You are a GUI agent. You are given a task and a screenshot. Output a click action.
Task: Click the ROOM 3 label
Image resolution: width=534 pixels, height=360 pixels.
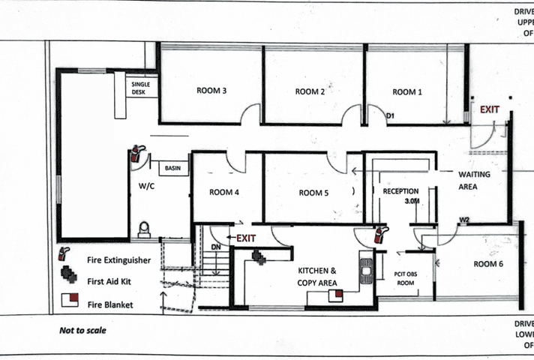[x=211, y=91]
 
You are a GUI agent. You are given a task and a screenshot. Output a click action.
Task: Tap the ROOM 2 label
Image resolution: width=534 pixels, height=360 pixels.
[x=309, y=92]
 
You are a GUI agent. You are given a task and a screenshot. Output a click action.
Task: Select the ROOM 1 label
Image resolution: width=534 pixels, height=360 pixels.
[x=407, y=92]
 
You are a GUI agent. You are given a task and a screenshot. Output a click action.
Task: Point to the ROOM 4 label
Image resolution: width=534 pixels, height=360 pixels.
[x=225, y=193]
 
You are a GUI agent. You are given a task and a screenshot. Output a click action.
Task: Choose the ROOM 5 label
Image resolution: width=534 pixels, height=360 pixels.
[x=313, y=193]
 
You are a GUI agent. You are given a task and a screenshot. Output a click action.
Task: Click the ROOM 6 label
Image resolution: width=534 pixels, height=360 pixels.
[x=487, y=264]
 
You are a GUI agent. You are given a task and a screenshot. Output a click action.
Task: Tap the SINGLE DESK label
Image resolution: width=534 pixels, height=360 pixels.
[x=141, y=88]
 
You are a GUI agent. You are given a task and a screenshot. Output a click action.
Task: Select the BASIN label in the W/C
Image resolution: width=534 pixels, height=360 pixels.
[x=173, y=169]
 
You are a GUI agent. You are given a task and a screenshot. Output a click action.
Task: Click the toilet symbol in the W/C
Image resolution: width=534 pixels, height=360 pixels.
[x=144, y=229]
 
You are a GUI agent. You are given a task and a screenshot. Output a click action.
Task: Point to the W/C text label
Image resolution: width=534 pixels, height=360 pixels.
[x=146, y=184]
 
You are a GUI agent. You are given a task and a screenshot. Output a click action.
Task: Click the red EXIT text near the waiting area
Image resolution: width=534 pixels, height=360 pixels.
[x=490, y=109]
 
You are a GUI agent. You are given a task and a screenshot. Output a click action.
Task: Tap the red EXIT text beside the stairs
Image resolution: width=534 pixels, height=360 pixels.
[x=247, y=238]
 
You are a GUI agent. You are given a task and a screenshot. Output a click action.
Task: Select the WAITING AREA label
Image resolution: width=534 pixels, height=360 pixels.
[x=474, y=179]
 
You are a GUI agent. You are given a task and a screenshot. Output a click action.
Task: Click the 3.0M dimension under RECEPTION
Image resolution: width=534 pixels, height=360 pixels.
[x=411, y=202]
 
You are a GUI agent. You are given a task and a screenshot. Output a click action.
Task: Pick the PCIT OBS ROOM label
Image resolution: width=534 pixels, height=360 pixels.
[x=405, y=280]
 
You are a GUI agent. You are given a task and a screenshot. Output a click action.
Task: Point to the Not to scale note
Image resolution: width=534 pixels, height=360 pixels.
[x=82, y=330]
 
